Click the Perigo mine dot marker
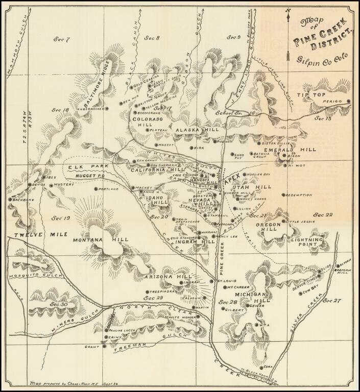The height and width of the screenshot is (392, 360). pyautogui.click(x=349, y=101)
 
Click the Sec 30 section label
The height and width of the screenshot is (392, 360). pyautogui.click(x=60, y=304)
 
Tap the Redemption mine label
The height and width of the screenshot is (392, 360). pyautogui.click(x=298, y=194)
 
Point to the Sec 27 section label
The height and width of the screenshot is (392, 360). pyautogui.click(x=331, y=301)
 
